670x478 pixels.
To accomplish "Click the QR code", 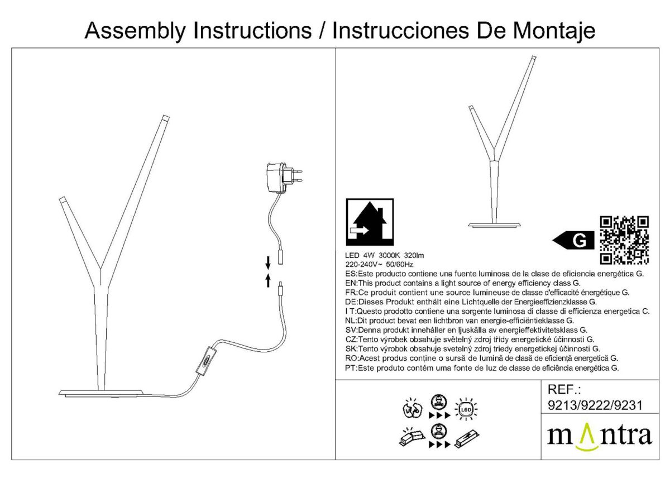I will (624, 240).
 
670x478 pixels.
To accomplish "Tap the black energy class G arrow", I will (573, 241).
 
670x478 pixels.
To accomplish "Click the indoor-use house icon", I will (370, 222).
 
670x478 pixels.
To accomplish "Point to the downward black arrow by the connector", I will (268, 261).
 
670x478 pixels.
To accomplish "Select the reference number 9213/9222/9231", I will (592, 407).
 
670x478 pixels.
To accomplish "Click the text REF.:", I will (565, 390).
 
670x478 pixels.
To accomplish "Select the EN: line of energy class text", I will (463, 283).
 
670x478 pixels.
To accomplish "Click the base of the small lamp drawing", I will (495, 224).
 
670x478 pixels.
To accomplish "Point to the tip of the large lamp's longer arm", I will (165, 118).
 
